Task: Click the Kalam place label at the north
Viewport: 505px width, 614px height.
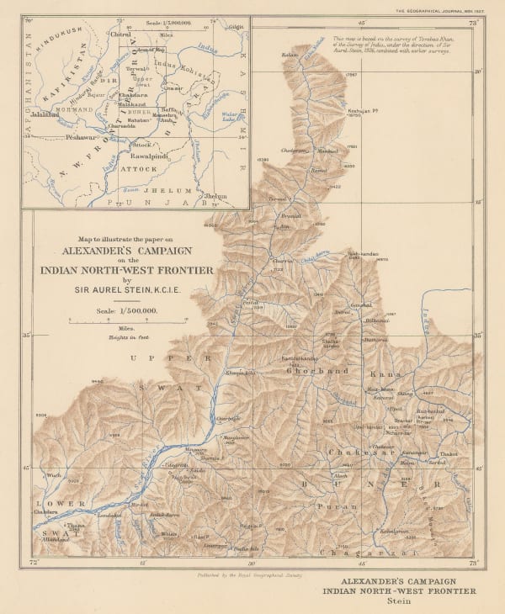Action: [290, 55]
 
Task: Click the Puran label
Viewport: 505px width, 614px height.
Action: [327, 506]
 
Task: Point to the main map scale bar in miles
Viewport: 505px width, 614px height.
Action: [126, 321]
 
